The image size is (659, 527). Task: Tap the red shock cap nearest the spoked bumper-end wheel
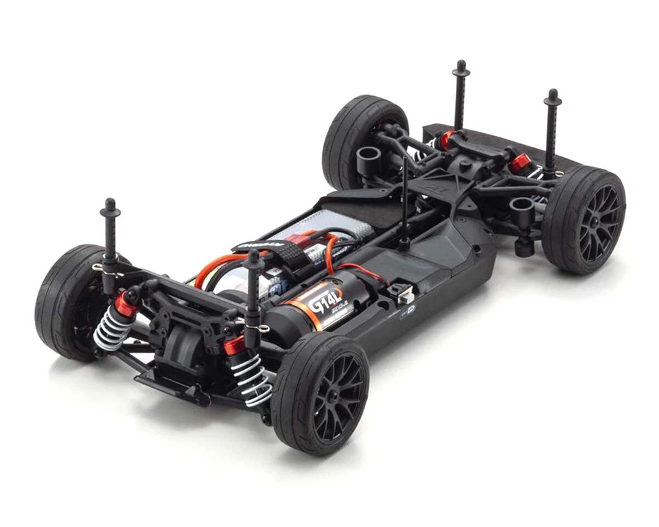pyautogui.click(x=520, y=163)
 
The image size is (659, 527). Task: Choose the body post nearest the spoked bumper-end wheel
pyautogui.click(x=551, y=130)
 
